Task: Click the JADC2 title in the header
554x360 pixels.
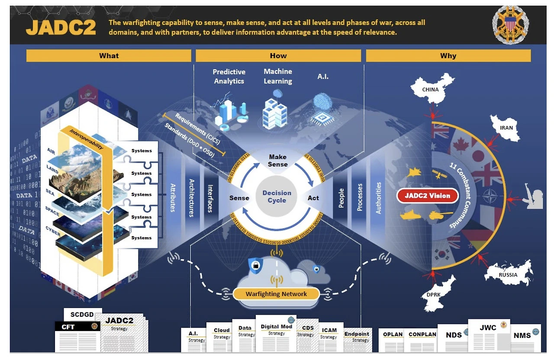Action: point(60,28)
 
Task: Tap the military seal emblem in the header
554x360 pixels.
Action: point(511,25)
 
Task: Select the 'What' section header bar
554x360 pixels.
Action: point(109,55)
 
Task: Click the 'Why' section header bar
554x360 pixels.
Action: point(448,55)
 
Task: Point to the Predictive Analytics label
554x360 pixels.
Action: point(229,76)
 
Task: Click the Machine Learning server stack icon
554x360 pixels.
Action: point(275,112)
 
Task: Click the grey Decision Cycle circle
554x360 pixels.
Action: point(277,197)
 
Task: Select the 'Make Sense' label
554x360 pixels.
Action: point(277,161)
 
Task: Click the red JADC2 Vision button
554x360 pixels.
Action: point(427,196)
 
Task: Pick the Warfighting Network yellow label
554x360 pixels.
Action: point(276,294)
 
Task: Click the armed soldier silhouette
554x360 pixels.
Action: point(533,197)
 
